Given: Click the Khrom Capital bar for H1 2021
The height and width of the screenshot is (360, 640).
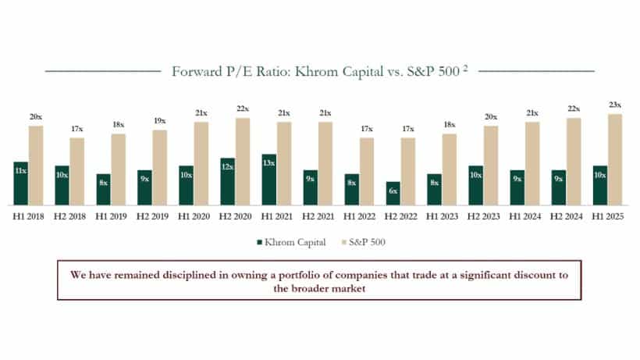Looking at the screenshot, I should pos(268,179).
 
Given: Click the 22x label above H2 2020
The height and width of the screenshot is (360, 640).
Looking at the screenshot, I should pos(243,109).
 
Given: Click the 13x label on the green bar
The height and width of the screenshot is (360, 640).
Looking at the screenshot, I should pos(268,163).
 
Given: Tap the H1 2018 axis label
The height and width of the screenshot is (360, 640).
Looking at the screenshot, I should pos(27,213).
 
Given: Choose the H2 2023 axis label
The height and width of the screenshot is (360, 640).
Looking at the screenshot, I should pos(484,213).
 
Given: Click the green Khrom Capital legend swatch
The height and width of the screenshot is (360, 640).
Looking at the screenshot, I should pos(259,242).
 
